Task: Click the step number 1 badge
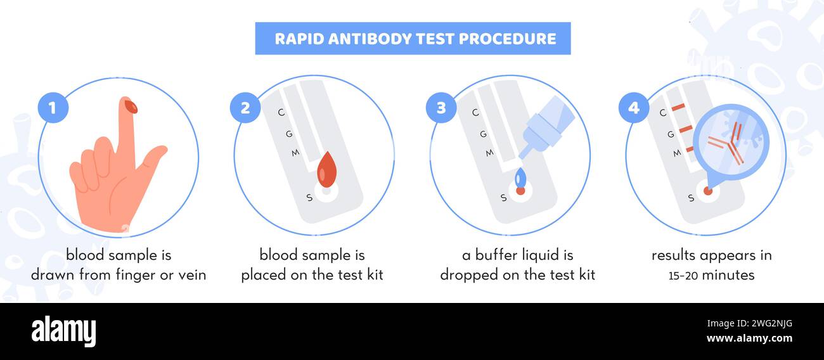pos(53,108)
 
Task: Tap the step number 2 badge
pos(245,108)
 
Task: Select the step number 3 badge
pos(441,108)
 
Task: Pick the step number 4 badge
pos(633,108)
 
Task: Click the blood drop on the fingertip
pos(131,106)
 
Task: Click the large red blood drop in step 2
pos(326,170)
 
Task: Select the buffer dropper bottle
pos(546,127)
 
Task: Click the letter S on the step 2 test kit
pos(309,198)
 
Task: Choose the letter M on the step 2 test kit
pos(295,153)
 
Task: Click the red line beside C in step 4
pos(678,107)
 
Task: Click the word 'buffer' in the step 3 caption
pos(491,255)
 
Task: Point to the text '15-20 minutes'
pos(711,276)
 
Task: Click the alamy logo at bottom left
pos(63,331)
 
